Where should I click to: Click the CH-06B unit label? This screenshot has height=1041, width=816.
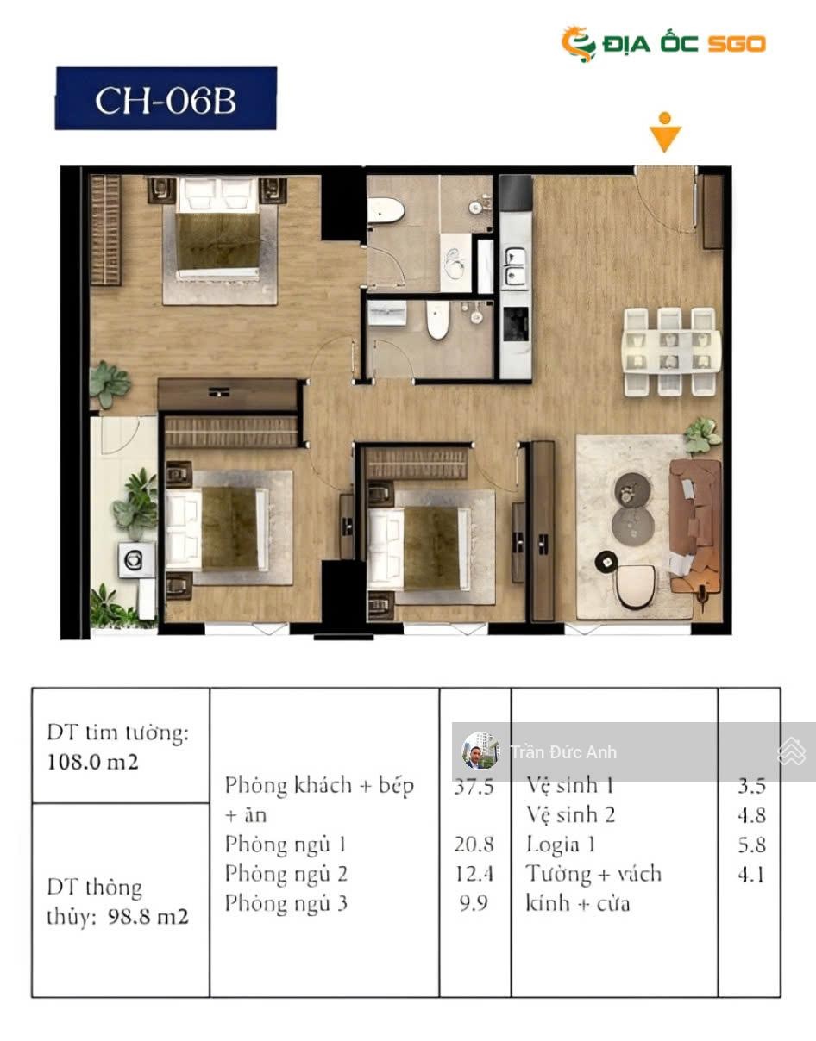pyautogui.click(x=166, y=100)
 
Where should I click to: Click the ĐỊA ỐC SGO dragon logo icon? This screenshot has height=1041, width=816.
pyautogui.click(x=579, y=44)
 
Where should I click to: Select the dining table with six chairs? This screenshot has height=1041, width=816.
pyautogui.click(x=671, y=352)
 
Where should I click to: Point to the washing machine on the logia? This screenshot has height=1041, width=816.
pyautogui.click(x=136, y=559)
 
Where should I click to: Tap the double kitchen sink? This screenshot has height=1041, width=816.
pyautogui.click(x=516, y=266)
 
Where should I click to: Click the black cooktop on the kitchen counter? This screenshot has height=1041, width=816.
pyautogui.click(x=516, y=324)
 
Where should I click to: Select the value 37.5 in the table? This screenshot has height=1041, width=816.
pyautogui.click(x=474, y=786)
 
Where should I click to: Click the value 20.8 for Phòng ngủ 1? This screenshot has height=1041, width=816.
pyautogui.click(x=474, y=845)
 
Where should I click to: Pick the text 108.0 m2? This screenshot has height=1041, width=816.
pyautogui.click(x=93, y=762)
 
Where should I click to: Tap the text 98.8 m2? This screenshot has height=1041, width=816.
pyautogui.click(x=148, y=916)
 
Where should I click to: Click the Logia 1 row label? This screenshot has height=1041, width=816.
pyautogui.click(x=561, y=845)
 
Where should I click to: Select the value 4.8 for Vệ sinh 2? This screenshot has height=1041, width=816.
pyautogui.click(x=751, y=815)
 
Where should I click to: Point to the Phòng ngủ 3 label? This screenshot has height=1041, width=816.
pyautogui.click(x=286, y=904)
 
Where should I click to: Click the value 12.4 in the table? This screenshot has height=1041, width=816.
pyautogui.click(x=474, y=874)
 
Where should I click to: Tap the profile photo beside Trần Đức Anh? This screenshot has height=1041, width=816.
pyautogui.click(x=480, y=751)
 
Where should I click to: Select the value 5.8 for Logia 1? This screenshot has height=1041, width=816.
pyautogui.click(x=751, y=845)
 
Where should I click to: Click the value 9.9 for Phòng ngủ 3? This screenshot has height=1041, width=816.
pyautogui.click(x=474, y=903)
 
